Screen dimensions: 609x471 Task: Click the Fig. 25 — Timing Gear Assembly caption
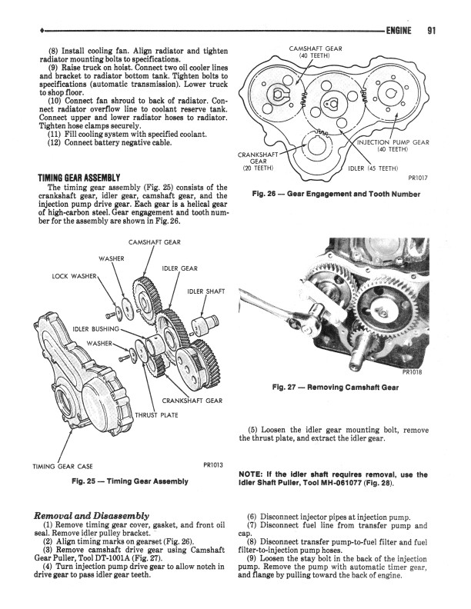(129, 481)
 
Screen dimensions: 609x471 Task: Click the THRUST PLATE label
(157, 416)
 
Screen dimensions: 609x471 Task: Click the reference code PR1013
(213, 464)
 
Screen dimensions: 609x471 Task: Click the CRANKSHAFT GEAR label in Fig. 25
(192, 401)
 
